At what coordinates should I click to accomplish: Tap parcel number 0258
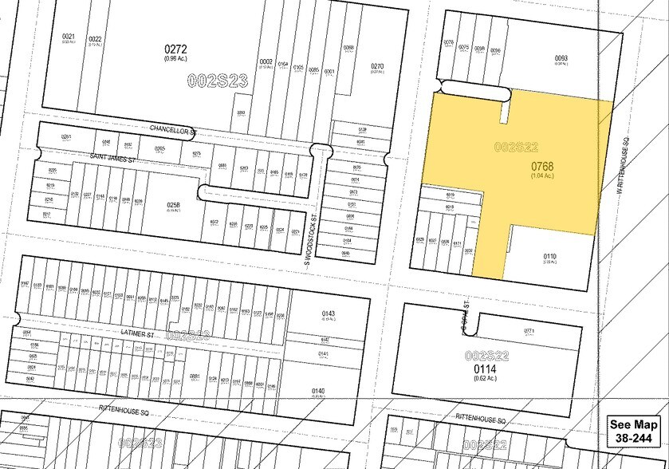(x=174, y=205)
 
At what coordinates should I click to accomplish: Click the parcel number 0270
(x=377, y=67)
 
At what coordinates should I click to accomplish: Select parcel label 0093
(x=561, y=57)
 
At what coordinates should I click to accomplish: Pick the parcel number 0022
(x=95, y=39)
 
